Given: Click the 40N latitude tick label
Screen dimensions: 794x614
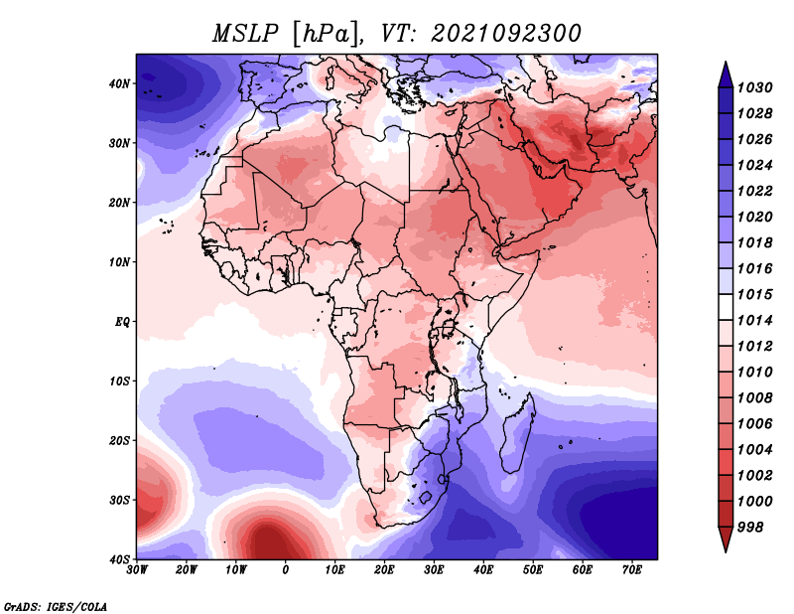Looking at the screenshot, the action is pyautogui.click(x=119, y=83).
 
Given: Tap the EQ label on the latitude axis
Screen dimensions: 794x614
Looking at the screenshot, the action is pyautogui.click(x=122, y=322).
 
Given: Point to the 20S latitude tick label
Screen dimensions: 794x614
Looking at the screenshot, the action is pyautogui.click(x=119, y=440).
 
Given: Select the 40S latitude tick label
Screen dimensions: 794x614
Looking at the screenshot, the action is pyautogui.click(x=119, y=559).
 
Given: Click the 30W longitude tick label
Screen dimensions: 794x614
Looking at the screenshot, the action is pyautogui.click(x=137, y=570).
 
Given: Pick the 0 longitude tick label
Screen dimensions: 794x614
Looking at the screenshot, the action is pyautogui.click(x=286, y=570).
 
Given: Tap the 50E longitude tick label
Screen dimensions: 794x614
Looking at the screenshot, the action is pyautogui.click(x=533, y=570).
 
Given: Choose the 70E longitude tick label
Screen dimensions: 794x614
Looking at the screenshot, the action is pyautogui.click(x=632, y=570).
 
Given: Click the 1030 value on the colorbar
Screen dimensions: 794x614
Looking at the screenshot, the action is pyautogui.click(x=754, y=87).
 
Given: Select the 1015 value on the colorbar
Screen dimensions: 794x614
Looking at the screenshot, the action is pyautogui.click(x=754, y=294).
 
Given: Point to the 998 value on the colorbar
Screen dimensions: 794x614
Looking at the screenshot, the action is pyautogui.click(x=750, y=528).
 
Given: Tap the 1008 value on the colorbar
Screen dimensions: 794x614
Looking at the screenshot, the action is pyautogui.click(x=754, y=398).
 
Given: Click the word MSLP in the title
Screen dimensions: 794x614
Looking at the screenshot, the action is pyautogui.click(x=245, y=34).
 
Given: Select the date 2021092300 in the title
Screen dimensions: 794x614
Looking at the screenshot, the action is pyautogui.click(x=506, y=34).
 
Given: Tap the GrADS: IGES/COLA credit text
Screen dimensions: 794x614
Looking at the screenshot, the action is pyautogui.click(x=56, y=606).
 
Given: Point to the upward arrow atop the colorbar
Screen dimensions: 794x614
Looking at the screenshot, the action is pyautogui.click(x=726, y=75).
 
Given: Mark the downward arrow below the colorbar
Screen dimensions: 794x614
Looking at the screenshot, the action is pyautogui.click(x=726, y=539).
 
